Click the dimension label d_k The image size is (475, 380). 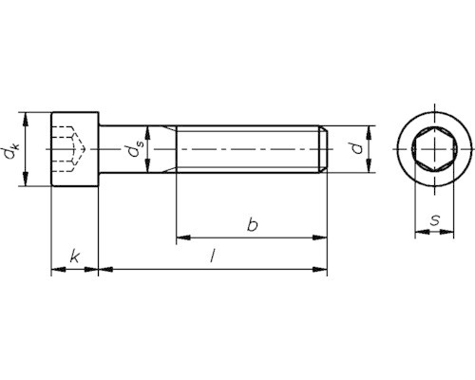click(x=11, y=149)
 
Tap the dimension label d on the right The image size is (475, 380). click(x=358, y=148)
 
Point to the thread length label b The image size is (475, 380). click(x=253, y=224)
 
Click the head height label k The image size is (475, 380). click(x=75, y=256)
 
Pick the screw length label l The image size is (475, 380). click(x=213, y=256)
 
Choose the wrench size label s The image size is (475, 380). click(x=435, y=220)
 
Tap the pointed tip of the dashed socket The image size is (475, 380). click(x=85, y=148)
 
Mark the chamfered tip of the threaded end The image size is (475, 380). click(x=323, y=149)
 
